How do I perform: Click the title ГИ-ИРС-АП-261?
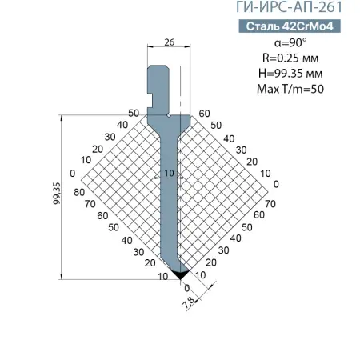[294, 9]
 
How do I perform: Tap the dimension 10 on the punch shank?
[169, 173]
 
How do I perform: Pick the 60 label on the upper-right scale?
[204, 113]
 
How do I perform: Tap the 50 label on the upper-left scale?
[133, 113]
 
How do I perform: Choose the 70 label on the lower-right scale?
[270, 205]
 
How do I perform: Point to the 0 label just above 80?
[73, 174]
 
